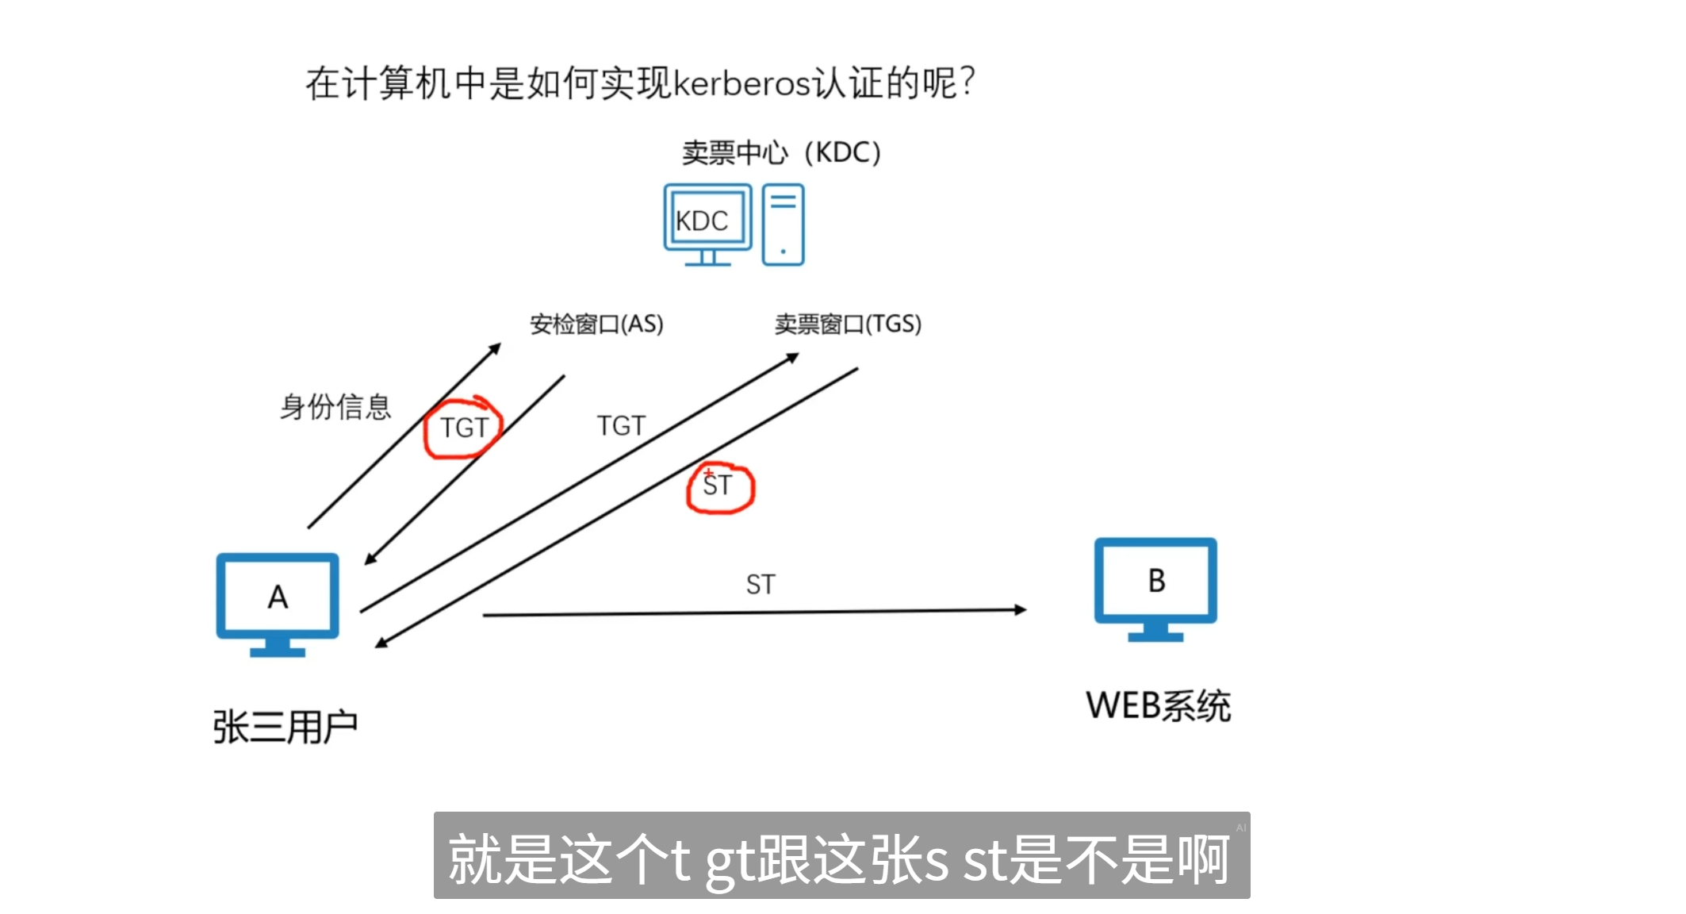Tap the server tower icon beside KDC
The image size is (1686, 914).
783,225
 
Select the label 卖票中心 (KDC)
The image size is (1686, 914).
781,152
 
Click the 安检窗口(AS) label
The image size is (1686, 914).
596,324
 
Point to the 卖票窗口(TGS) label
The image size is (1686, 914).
848,324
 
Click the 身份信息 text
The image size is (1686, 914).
335,407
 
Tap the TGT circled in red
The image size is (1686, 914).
464,428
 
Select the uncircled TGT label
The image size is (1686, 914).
621,426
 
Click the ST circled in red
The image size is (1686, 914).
718,485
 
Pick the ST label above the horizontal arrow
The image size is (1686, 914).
761,585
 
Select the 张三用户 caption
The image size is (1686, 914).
285,727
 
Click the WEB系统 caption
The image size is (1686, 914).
1158,705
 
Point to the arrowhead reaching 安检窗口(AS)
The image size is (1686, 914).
496,348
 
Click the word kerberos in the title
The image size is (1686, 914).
741,83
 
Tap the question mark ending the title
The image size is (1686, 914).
967,82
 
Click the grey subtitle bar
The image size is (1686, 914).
841,855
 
